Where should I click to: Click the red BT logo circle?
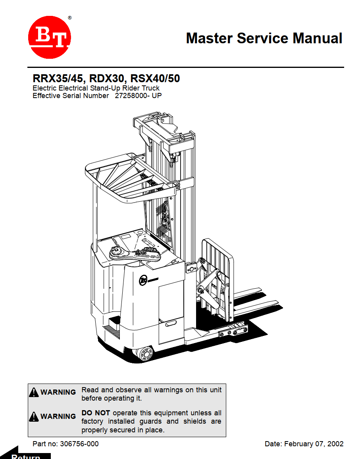50,37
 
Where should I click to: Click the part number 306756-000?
79,444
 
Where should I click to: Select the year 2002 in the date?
335,444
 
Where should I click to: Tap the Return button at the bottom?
25,456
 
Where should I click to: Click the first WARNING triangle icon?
34,392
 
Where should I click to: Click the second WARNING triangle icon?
34,417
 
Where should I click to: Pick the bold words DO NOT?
96,413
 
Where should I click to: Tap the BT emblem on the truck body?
143,280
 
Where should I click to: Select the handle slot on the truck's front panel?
172,324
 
